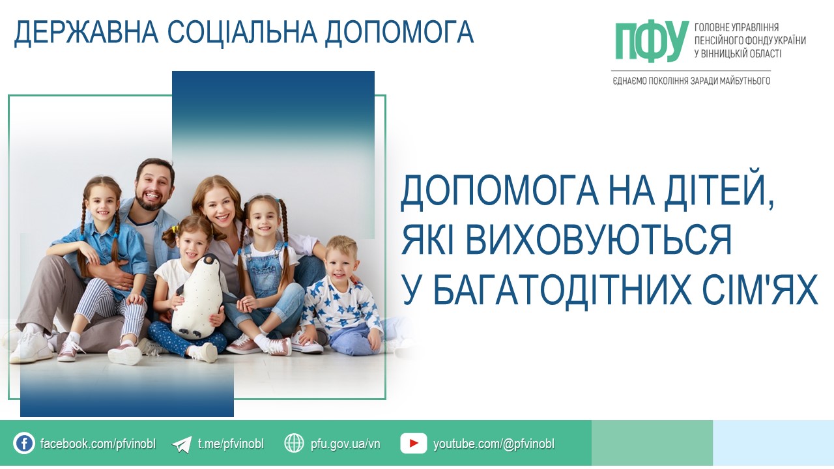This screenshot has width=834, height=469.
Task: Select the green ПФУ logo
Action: coord(652,41)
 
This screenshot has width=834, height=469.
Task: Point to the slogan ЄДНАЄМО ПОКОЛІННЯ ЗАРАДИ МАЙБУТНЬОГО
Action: coord(691,81)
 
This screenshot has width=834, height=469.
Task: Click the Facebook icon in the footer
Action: coord(24,444)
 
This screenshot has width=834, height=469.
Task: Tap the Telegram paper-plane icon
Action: coord(182,444)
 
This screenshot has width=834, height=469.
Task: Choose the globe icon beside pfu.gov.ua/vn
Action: coord(294,443)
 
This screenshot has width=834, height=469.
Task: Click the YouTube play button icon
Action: coord(413,444)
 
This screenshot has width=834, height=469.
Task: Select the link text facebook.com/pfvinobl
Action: coord(98,444)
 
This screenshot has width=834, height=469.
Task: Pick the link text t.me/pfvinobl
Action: coord(231,444)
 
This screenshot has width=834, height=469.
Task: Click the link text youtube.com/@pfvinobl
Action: coord(494,444)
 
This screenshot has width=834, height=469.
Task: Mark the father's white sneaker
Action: coord(30,345)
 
